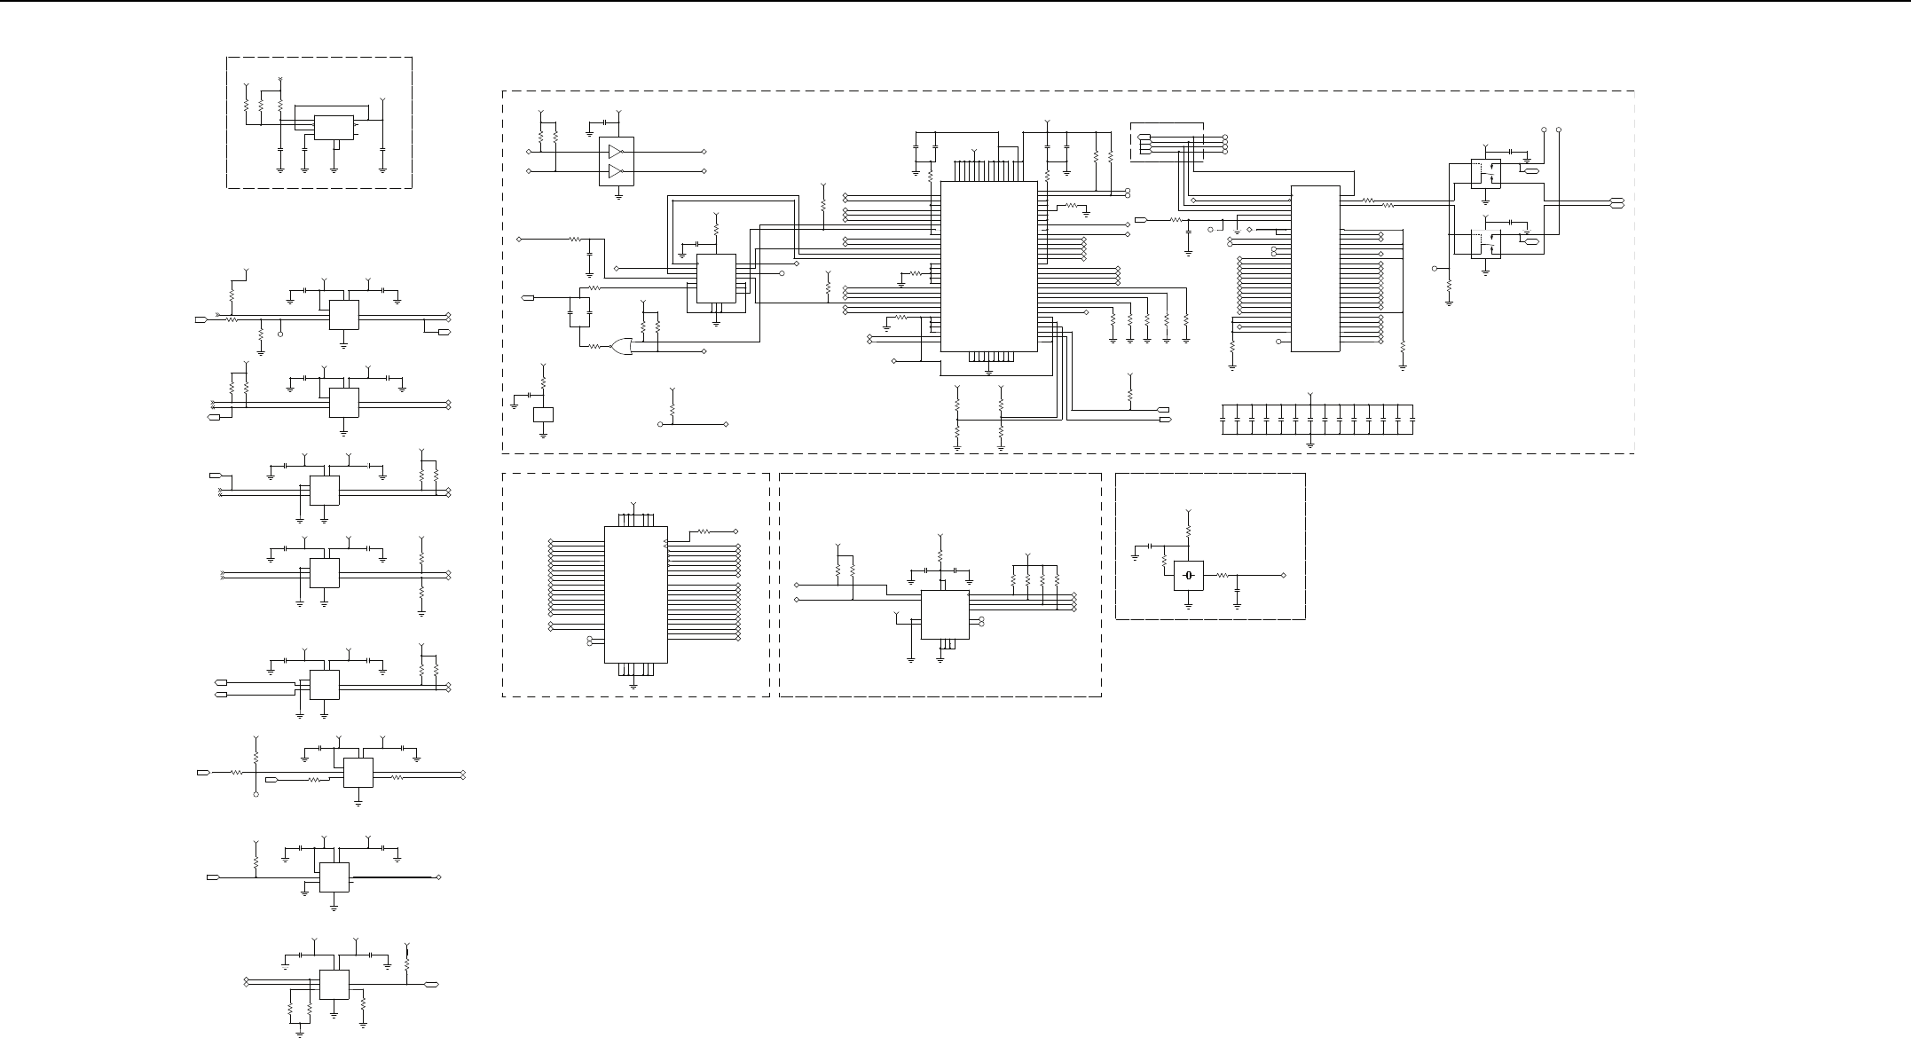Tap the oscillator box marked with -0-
(1188, 576)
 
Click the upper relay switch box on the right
(1485, 173)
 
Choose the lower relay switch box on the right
(1485, 244)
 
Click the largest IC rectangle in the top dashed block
(988, 266)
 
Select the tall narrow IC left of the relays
(1315, 268)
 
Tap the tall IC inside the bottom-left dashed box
(635, 594)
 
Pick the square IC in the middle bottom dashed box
(945, 615)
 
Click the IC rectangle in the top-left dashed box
(334, 128)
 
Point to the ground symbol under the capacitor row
(1311, 441)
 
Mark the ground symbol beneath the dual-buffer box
(617, 194)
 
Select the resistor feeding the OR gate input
(593, 346)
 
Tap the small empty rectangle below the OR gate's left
(543, 414)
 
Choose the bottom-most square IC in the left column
(334, 984)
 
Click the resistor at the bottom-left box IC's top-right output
(703, 531)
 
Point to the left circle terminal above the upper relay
(1545, 130)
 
